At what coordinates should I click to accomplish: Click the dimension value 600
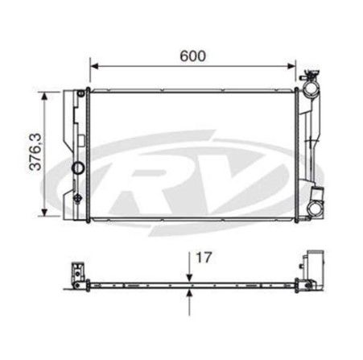point(192,56)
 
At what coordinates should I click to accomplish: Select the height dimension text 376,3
point(35,152)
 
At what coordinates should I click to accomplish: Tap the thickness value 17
point(204,258)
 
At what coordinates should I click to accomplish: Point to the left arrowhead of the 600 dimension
point(94,66)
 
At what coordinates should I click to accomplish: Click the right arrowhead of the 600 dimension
point(291,66)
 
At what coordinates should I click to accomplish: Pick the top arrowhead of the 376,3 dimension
point(45,96)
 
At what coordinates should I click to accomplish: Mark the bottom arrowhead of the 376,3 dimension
point(45,212)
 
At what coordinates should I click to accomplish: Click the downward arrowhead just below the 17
point(189,278)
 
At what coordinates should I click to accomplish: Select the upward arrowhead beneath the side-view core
point(189,293)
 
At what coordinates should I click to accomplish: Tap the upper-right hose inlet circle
point(311,88)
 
